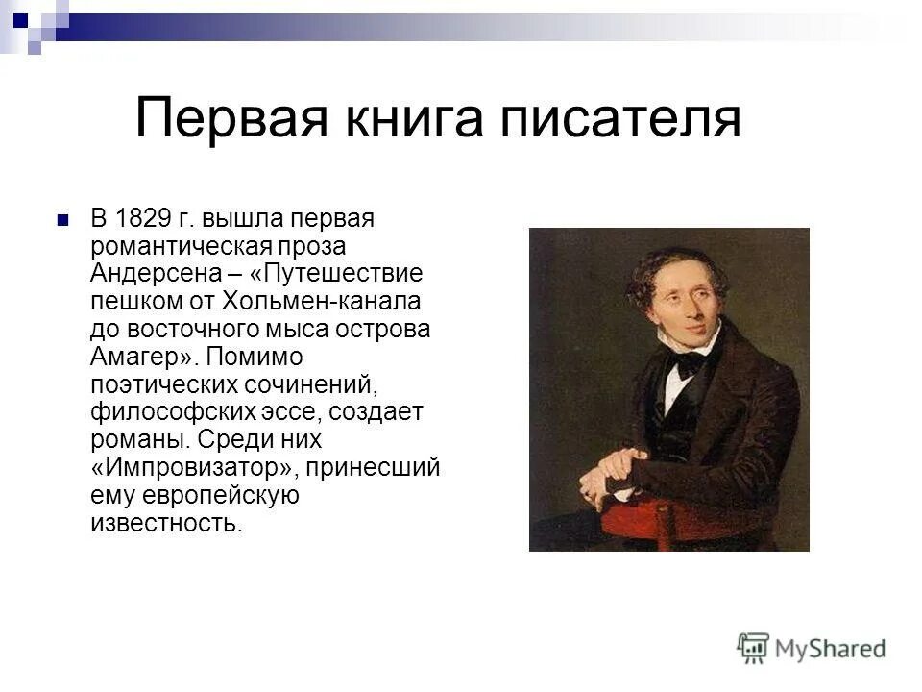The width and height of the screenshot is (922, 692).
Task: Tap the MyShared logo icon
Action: [x=754, y=648]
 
